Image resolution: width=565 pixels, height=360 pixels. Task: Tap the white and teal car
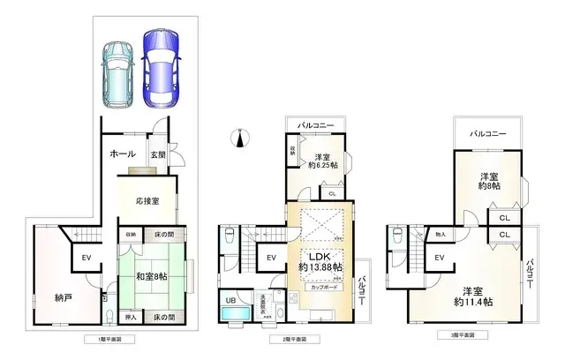(117, 75)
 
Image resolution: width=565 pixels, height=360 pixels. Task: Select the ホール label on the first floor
(122, 154)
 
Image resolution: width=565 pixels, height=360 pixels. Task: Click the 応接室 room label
(147, 201)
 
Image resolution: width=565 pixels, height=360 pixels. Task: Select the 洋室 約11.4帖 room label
(474, 297)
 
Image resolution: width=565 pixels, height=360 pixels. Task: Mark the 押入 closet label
(130, 317)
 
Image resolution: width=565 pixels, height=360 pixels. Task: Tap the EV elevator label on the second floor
(271, 258)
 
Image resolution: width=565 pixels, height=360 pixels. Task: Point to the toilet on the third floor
(396, 236)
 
